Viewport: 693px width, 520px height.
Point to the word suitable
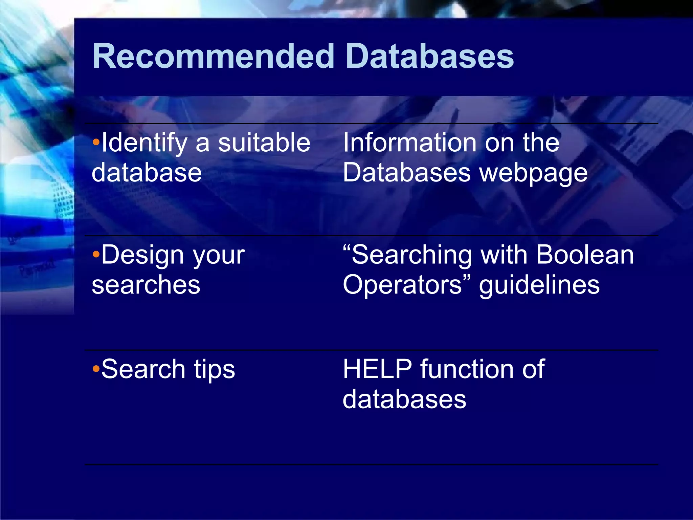point(264,143)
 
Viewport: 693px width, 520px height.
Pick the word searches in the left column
point(146,285)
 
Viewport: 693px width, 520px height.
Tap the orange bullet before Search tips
point(96,369)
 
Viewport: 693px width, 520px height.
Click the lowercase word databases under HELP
point(404,399)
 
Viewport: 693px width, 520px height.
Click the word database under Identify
point(147,173)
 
